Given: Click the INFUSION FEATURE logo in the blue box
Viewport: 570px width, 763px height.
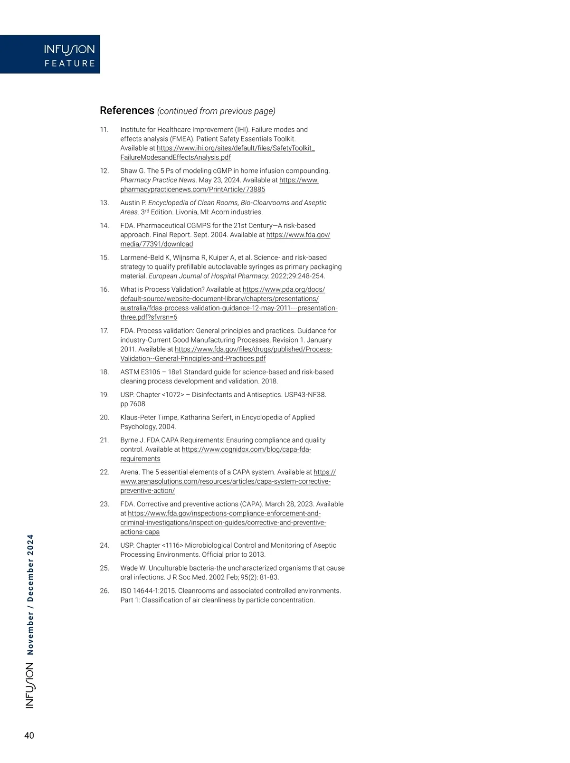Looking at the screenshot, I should point(69,55).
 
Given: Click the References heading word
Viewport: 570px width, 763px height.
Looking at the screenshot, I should point(127,111).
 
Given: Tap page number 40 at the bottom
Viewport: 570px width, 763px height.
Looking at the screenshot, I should point(29,736).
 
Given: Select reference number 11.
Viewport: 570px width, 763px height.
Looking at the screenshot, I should point(104,130).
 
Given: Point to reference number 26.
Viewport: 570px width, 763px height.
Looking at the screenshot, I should point(104,591).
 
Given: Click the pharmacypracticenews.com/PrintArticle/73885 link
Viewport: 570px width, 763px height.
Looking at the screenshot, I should point(192,190).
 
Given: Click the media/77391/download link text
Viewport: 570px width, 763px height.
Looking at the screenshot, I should point(156,244).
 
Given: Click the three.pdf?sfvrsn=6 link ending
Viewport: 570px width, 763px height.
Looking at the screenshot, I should point(149,317).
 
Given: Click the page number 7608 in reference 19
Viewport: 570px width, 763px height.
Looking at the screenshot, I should point(137,404).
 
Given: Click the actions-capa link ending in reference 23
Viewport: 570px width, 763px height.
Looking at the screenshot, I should point(140,532).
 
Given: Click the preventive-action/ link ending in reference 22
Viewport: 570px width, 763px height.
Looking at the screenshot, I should point(147,491).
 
